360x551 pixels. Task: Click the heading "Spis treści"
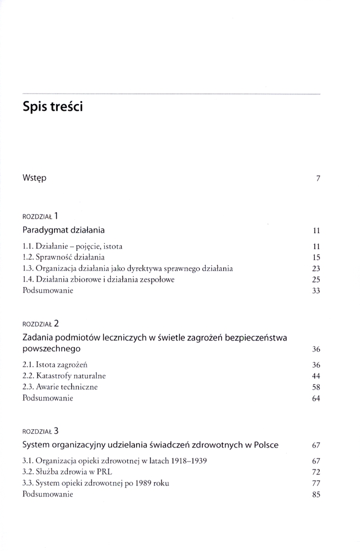point(52,107)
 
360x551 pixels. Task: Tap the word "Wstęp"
point(35,178)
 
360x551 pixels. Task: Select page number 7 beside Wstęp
point(319,179)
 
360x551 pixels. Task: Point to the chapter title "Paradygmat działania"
point(64,230)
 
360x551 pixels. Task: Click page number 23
point(316,269)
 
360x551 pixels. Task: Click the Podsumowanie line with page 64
point(48,398)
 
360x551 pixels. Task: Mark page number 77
point(316,483)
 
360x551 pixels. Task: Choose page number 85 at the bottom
point(316,495)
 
